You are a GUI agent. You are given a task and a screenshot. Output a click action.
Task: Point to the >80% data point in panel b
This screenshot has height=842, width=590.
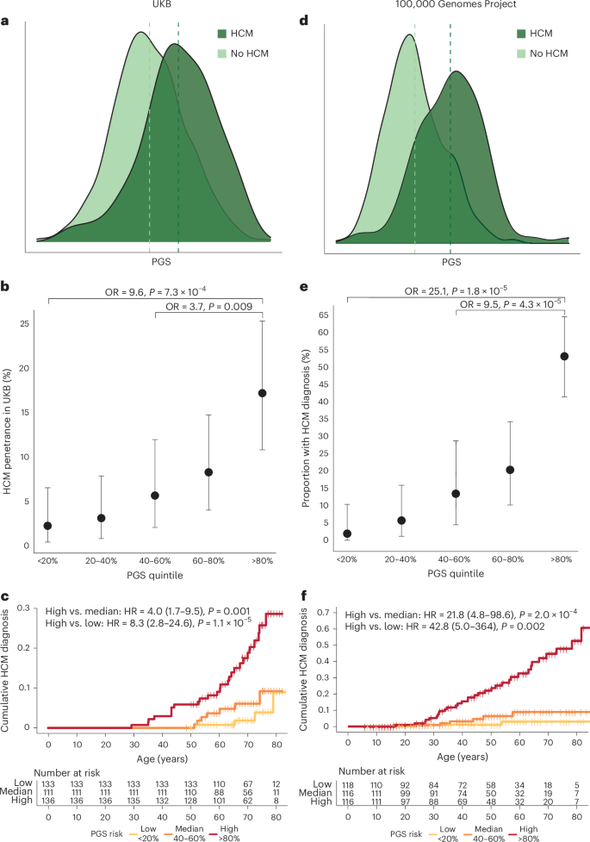pos(263,393)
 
